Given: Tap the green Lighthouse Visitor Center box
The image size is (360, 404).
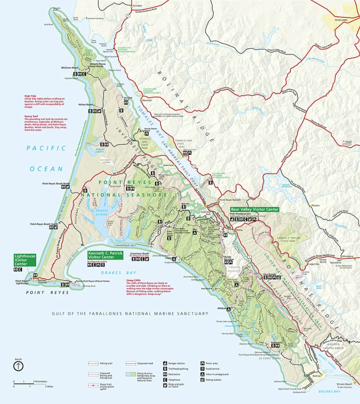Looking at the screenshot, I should (24, 260).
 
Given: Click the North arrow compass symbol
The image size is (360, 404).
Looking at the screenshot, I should (18, 366).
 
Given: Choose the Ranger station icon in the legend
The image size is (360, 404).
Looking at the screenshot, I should (165, 363).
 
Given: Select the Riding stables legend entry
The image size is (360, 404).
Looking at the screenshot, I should (202, 380).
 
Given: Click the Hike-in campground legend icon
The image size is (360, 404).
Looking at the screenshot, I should (202, 374).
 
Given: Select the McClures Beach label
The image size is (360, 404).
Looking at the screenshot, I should (70, 68).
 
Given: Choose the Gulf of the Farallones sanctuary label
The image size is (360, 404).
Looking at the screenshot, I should (130, 313).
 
